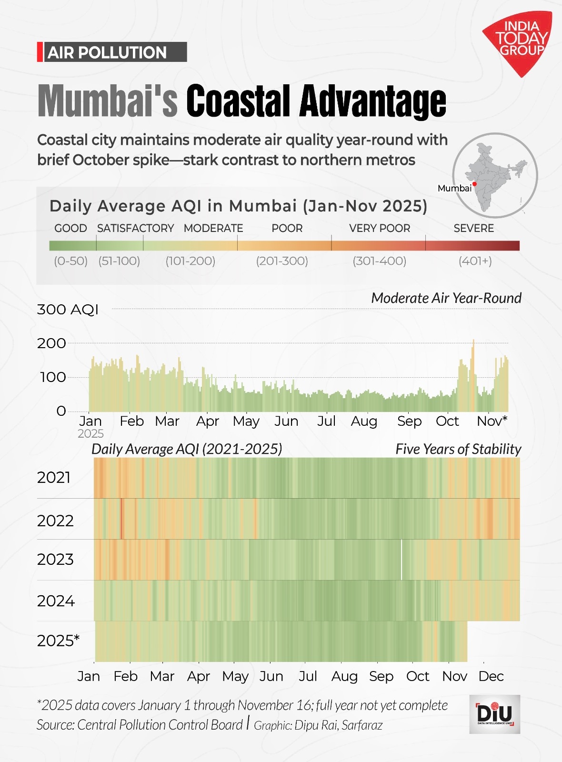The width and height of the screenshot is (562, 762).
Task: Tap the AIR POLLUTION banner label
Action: [x=107, y=52]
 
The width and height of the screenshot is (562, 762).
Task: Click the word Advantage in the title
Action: [x=373, y=101]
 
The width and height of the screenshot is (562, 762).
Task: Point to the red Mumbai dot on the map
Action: [x=475, y=184]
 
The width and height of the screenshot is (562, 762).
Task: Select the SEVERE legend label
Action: [x=473, y=228]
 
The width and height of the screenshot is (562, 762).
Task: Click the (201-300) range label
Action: [x=282, y=261]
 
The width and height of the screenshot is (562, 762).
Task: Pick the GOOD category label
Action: [x=70, y=228]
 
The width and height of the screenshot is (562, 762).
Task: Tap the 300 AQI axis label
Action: [x=68, y=310]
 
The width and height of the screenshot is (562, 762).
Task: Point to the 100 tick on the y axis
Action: [x=53, y=377]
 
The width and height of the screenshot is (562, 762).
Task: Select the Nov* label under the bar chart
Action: [x=492, y=421]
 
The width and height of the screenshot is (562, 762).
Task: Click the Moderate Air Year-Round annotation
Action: [x=446, y=298]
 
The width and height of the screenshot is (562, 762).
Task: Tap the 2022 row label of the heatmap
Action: [x=55, y=521]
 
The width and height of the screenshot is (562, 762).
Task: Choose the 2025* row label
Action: [x=58, y=641]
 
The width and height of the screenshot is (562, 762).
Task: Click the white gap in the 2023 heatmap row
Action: [x=401, y=560]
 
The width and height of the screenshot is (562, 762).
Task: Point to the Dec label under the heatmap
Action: [x=491, y=676]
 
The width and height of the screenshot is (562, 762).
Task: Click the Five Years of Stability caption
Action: [x=458, y=449]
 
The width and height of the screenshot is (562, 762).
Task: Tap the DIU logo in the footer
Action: [x=494, y=714]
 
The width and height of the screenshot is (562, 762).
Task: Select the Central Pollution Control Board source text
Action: [x=160, y=725]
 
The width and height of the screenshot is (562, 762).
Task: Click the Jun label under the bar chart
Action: [x=286, y=421]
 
